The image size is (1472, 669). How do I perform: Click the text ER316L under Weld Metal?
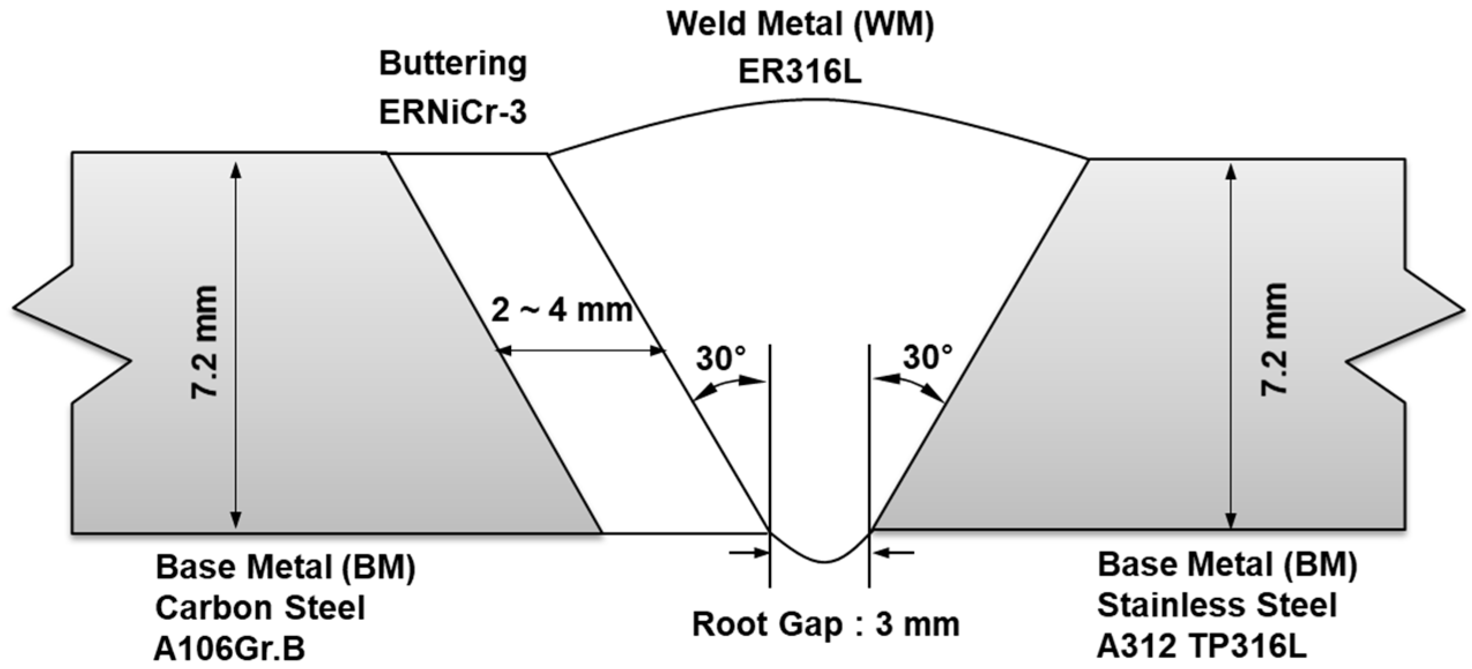tap(799, 73)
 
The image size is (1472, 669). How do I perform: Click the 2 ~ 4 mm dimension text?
tap(562, 310)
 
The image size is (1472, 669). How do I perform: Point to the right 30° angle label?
tap(927, 356)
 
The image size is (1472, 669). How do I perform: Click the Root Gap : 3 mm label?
tap(825, 625)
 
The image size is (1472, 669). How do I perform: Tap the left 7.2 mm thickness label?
tap(204, 341)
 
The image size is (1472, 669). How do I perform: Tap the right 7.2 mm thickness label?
tap(1274, 340)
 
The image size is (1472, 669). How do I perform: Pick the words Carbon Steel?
tap(260, 608)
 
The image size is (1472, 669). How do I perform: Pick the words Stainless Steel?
tap(1217, 605)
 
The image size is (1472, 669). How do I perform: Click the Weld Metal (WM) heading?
tap(800, 24)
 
